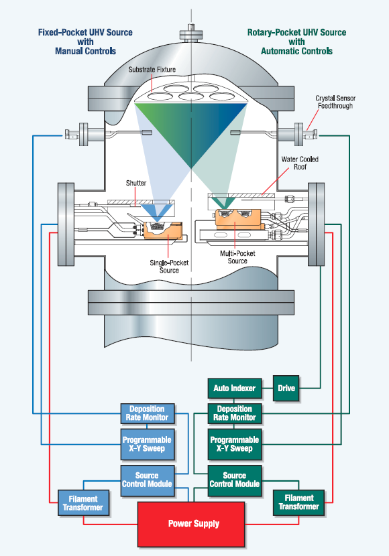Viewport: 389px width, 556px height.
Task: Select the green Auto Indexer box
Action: click(x=235, y=389)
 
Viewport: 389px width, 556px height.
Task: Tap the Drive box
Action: click(x=286, y=389)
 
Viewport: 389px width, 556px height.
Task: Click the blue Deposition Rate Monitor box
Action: click(x=148, y=413)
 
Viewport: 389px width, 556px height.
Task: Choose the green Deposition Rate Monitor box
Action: click(x=235, y=413)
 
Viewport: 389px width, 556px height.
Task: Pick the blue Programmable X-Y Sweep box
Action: click(x=148, y=444)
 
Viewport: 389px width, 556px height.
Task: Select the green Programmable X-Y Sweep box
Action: click(x=235, y=444)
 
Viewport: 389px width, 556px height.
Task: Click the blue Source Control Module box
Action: click(x=148, y=480)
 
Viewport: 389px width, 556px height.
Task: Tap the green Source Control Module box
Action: click(x=235, y=480)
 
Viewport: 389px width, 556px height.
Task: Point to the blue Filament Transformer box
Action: click(x=83, y=503)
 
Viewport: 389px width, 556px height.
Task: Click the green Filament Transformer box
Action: click(x=299, y=503)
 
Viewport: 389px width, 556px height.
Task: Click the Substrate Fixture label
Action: click(x=152, y=70)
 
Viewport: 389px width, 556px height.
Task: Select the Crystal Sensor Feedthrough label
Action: click(x=335, y=102)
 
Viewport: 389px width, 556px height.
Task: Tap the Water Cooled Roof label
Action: click(x=300, y=163)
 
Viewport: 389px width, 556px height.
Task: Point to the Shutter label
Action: click(x=136, y=183)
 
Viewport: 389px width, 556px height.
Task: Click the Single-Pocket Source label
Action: click(x=169, y=267)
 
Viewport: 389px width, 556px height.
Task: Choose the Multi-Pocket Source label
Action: click(x=237, y=257)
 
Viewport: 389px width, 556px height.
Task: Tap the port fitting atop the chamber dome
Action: click(x=191, y=33)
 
